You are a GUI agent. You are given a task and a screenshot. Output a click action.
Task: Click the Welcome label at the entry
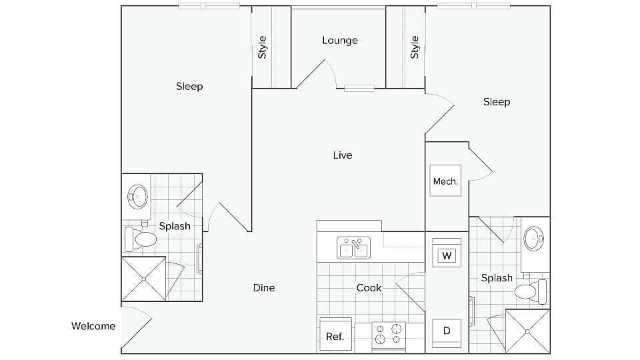[93, 326]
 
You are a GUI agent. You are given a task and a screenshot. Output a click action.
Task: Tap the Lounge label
[340, 41]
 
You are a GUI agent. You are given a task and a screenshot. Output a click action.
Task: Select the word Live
[343, 155]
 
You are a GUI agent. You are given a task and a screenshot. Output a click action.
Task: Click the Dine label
[264, 288]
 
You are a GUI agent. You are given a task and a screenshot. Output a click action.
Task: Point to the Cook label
[369, 288]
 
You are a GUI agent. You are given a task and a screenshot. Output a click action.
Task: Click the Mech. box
[445, 181]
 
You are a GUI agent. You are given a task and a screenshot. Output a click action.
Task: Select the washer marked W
[446, 255]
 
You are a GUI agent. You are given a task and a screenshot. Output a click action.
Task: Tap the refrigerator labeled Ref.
[335, 335]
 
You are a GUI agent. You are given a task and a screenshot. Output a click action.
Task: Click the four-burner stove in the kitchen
[389, 335]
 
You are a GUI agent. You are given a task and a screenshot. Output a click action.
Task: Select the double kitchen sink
[353, 248]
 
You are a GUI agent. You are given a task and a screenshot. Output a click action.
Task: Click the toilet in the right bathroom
[533, 291]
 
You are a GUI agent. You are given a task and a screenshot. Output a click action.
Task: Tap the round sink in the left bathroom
[139, 196]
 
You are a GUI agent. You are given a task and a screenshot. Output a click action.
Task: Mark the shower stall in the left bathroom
[143, 279]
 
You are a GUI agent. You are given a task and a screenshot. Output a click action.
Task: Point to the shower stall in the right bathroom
[527, 331]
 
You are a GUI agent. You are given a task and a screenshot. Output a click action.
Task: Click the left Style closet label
[263, 47]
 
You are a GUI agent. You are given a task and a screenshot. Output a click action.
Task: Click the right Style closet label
[415, 47]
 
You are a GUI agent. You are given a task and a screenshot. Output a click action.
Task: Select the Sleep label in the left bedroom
[189, 87]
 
